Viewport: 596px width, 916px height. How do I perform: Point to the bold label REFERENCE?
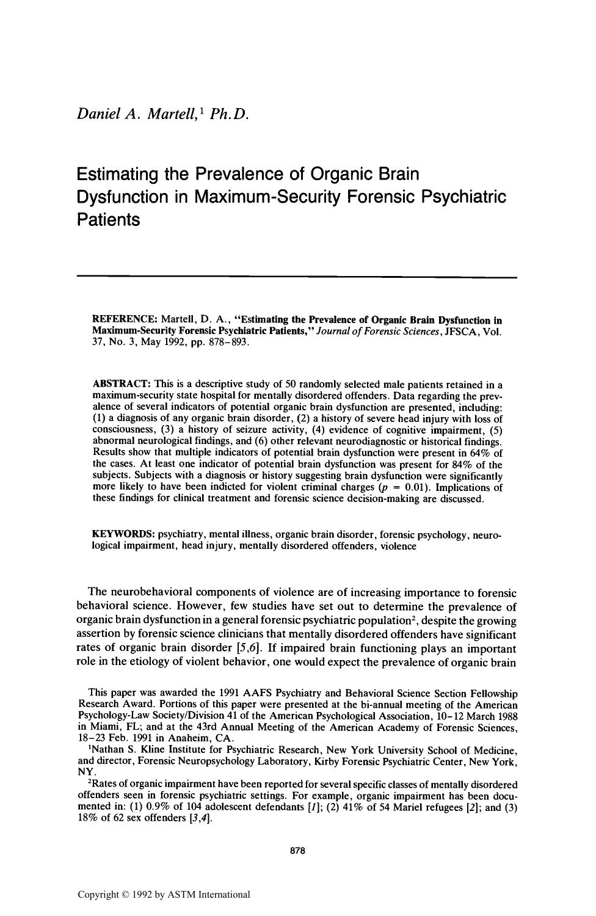tap(125, 319)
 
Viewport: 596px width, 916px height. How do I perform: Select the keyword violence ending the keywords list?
tap(398, 546)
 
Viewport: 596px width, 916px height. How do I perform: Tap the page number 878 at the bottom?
tap(297, 851)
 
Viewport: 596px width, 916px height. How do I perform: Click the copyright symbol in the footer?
tap(126, 895)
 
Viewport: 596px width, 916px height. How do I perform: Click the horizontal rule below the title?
tap(297, 278)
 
